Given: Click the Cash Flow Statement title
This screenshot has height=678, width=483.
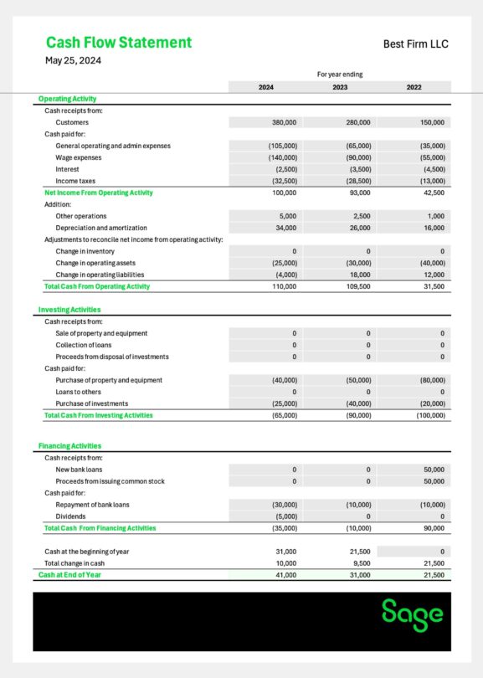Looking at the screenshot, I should (x=118, y=43).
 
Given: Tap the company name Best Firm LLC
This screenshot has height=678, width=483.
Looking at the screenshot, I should (x=415, y=44).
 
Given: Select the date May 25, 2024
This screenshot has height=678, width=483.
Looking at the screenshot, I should (x=73, y=60).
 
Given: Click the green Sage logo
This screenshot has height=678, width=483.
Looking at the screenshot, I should (x=412, y=614).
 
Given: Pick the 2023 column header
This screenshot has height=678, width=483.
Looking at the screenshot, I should (x=340, y=87).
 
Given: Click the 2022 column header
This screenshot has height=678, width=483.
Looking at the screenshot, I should (x=414, y=87).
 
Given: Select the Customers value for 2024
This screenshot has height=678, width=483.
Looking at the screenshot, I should (x=285, y=122).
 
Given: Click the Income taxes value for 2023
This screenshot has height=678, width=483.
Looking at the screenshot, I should (x=358, y=181).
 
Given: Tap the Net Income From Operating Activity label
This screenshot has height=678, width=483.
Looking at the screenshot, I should (x=98, y=193).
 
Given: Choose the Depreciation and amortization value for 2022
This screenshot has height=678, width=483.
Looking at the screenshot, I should (x=433, y=228).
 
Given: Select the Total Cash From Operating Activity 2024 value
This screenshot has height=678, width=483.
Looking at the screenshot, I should (x=285, y=286).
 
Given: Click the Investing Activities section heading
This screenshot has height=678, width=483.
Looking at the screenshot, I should (x=69, y=310).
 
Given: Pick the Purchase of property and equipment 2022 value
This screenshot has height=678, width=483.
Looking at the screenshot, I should (x=431, y=380).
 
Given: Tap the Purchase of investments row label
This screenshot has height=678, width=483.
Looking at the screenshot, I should (x=91, y=403).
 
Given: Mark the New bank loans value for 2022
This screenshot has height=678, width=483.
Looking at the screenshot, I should (x=433, y=470).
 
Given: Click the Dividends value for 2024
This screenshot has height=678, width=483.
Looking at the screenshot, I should (x=285, y=516).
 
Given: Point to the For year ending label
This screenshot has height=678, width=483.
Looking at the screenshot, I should (x=340, y=74).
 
